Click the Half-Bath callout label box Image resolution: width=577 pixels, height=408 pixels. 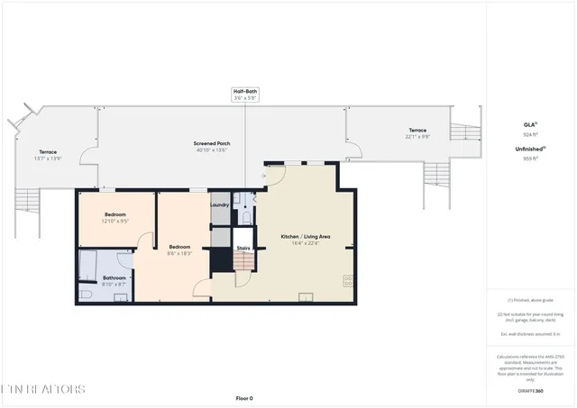pyautogui.click(x=245, y=95)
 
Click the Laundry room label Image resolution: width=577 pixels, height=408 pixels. pyautogui.click(x=220, y=204)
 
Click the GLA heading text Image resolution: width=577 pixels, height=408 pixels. pyautogui.click(x=530, y=124)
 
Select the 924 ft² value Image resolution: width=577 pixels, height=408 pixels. pyautogui.click(x=530, y=134)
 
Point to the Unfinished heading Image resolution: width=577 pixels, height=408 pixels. pyautogui.click(x=530, y=149)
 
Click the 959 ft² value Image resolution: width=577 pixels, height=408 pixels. pyautogui.click(x=530, y=159)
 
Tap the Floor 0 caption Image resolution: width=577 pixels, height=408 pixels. pyautogui.click(x=244, y=397)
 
